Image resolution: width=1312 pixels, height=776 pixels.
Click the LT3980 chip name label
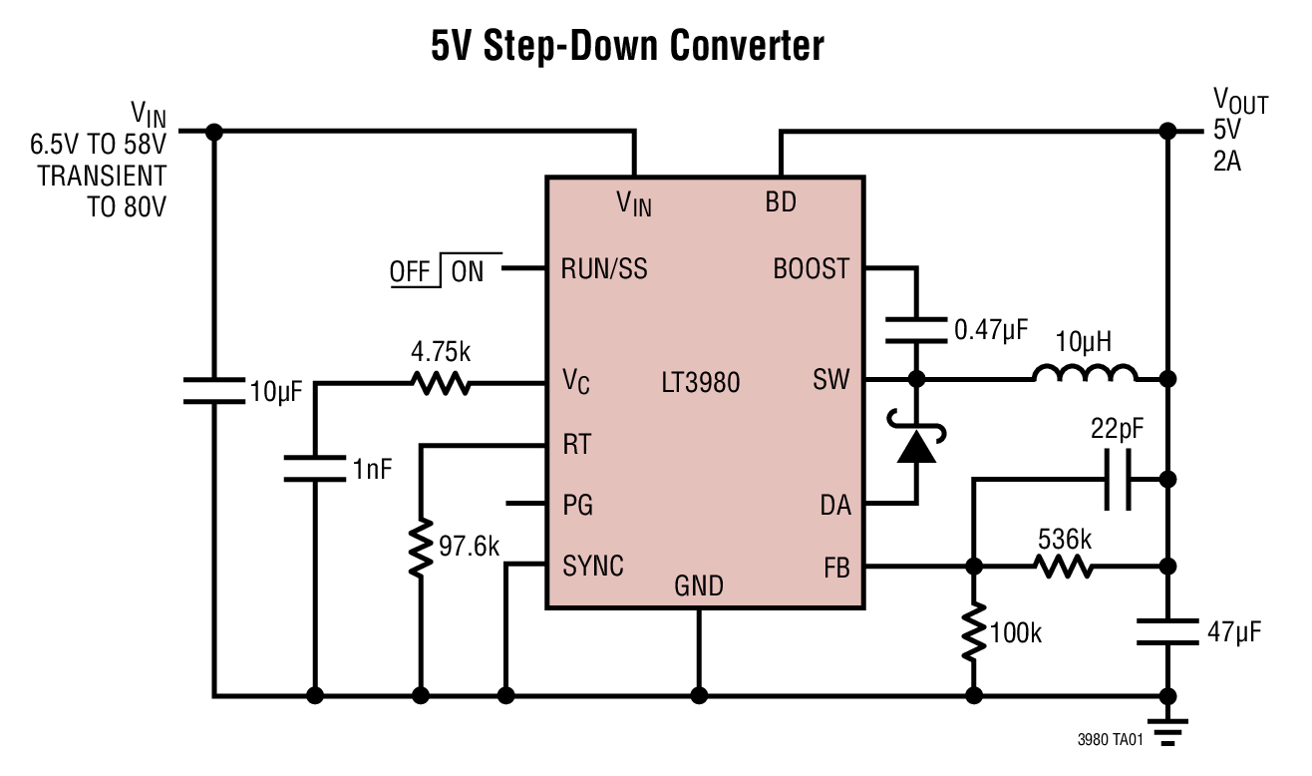701,382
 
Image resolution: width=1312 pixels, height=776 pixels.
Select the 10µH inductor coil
1085,376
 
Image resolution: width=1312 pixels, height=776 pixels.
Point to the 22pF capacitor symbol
1122,479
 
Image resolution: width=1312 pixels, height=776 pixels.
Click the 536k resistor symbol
1063,567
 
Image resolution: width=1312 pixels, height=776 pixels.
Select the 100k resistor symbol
972,631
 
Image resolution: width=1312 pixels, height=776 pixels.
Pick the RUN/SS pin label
604,269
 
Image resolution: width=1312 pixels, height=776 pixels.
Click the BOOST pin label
812,269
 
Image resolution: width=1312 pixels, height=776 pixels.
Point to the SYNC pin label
593,567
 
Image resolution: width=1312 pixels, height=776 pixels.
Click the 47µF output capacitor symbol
1166,630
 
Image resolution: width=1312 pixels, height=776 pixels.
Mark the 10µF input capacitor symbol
213,390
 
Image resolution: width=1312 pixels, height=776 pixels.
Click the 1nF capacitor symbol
315,468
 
